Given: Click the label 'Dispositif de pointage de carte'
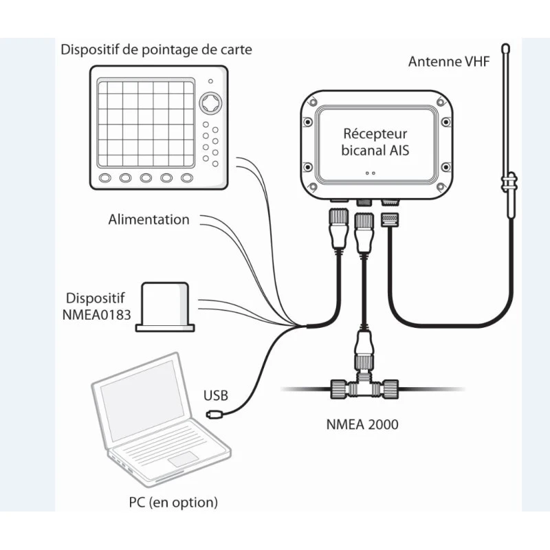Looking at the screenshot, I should pyautogui.click(x=156, y=49).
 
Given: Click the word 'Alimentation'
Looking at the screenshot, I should pyautogui.click(x=148, y=220).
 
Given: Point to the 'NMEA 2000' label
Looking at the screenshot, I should pyautogui.click(x=362, y=424).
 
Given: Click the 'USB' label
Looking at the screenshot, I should pyautogui.click(x=215, y=396).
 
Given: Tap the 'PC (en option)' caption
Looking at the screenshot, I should pyautogui.click(x=173, y=503).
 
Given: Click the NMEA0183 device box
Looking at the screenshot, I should pyautogui.click(x=165, y=305).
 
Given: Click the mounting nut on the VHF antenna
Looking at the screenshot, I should pyautogui.click(x=509, y=184).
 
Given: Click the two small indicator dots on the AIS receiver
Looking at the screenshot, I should pyautogui.click(x=371, y=173).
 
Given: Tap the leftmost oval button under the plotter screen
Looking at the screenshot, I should pyautogui.click(x=105, y=178).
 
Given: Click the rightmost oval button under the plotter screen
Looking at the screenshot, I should pyautogui.click(x=187, y=178).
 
